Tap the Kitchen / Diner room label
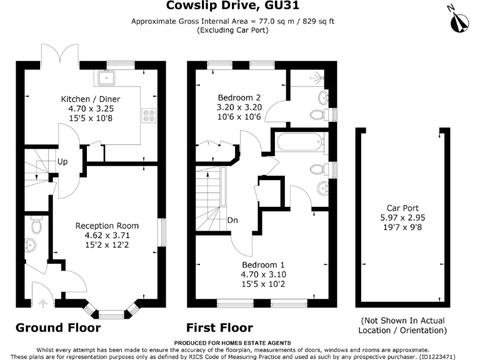(91, 99)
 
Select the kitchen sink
(106, 78)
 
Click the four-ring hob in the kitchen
(150, 115)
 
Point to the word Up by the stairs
(63, 161)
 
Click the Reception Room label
(107, 226)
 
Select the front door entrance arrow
(42, 304)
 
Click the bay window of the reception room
(112, 313)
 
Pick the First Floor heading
(219, 328)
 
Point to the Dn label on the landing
(232, 220)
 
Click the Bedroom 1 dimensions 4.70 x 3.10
(262, 274)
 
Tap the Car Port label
(402, 208)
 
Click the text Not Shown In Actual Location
(402, 325)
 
